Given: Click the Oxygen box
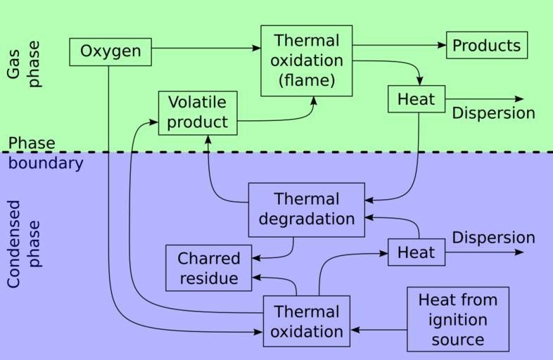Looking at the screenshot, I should (110, 52).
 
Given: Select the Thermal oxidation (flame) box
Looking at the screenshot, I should (306, 60).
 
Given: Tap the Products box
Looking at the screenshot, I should (487, 46).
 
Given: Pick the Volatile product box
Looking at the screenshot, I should (198, 112).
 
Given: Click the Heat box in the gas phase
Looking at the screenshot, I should (417, 99).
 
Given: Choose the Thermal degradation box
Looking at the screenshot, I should (306, 210).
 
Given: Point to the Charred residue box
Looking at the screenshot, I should (209, 268).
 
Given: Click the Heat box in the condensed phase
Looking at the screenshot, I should (417, 252).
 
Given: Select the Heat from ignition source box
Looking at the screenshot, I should (457, 320).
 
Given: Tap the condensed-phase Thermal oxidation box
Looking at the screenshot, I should (306, 321).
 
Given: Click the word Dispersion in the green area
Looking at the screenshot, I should (493, 113).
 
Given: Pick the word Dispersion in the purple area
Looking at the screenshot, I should (493, 238).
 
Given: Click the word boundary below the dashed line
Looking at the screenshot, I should (46, 163).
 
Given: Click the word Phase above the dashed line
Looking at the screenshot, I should (32, 143).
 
